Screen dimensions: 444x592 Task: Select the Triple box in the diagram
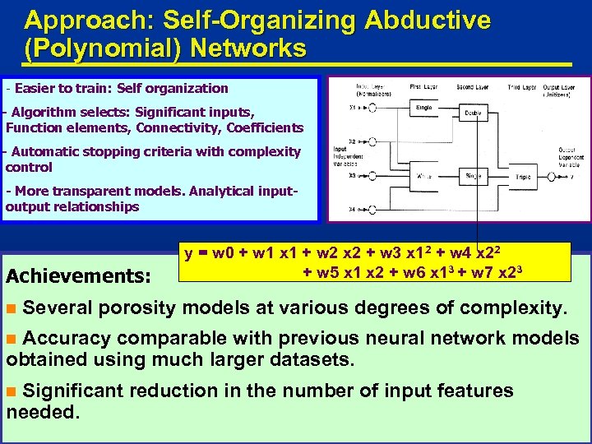pyautogui.click(x=525, y=177)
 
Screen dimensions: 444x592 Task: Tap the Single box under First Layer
pyautogui.click(x=425, y=108)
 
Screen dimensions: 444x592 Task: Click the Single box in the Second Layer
pyautogui.click(x=474, y=176)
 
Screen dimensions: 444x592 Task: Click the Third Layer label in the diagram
pyautogui.click(x=522, y=86)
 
